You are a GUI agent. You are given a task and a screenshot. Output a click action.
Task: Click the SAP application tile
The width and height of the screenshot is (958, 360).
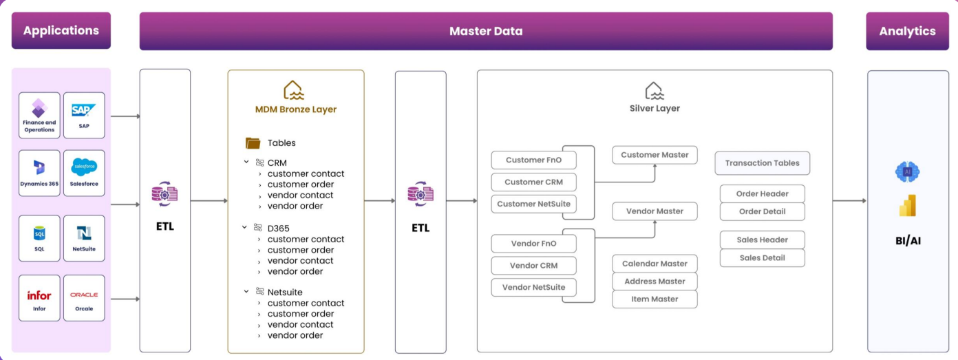pos(84,116)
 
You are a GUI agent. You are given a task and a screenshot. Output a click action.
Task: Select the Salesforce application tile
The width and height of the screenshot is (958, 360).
pos(84,173)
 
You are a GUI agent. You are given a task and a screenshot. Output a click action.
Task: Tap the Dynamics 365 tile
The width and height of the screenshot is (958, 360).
pos(39,173)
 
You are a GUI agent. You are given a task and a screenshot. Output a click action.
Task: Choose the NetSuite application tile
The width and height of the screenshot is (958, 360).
pos(84,238)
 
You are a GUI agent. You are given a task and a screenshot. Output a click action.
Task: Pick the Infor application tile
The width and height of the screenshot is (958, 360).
pos(39,298)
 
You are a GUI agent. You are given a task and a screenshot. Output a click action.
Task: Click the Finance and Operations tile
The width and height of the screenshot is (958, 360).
pos(39,116)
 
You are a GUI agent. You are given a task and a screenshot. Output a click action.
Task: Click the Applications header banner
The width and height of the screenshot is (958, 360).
pos(61,31)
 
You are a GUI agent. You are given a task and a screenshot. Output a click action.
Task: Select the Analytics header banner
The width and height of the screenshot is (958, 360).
pos(907,31)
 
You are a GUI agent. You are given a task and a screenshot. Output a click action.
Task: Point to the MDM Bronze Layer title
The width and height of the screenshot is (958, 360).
pos(296,109)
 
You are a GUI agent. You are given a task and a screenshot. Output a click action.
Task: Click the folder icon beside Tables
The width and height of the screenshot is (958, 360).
pos(253,143)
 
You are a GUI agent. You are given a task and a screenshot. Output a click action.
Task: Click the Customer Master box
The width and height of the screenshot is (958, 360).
pos(654,155)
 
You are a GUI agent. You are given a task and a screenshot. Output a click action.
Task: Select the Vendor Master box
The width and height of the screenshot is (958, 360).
pos(654,211)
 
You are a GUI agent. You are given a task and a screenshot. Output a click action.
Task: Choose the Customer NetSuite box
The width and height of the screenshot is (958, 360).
pos(533,204)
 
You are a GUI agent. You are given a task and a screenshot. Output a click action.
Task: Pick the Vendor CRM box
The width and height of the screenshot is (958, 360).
pos(533,266)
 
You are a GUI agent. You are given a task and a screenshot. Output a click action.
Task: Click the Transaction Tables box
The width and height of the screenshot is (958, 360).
pos(762,163)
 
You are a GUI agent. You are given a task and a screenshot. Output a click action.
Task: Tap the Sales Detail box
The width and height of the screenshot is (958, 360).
pos(762,258)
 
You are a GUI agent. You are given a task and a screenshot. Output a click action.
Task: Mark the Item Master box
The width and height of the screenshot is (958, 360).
pos(654,299)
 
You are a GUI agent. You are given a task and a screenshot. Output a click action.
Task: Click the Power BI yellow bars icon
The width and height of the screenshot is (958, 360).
pos(907,205)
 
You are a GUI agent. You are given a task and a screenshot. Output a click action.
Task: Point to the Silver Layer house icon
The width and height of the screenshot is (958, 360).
pos(654,90)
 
